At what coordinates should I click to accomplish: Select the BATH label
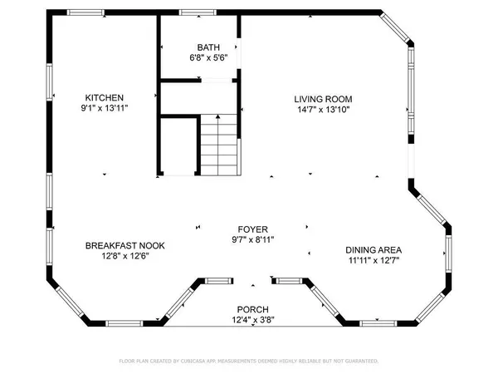(207, 47)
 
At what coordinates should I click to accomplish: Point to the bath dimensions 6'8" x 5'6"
(207, 58)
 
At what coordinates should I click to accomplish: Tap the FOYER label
(254, 228)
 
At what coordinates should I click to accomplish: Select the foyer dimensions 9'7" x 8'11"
(254, 239)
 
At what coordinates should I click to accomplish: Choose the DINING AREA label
(373, 249)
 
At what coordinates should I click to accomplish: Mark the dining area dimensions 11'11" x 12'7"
(373, 260)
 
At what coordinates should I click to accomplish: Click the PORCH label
(252, 309)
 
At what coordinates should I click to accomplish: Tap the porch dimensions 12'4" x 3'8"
(252, 320)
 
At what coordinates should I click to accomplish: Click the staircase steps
(219, 145)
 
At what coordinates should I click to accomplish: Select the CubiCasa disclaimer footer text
(249, 362)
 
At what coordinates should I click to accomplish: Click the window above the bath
(193, 12)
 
